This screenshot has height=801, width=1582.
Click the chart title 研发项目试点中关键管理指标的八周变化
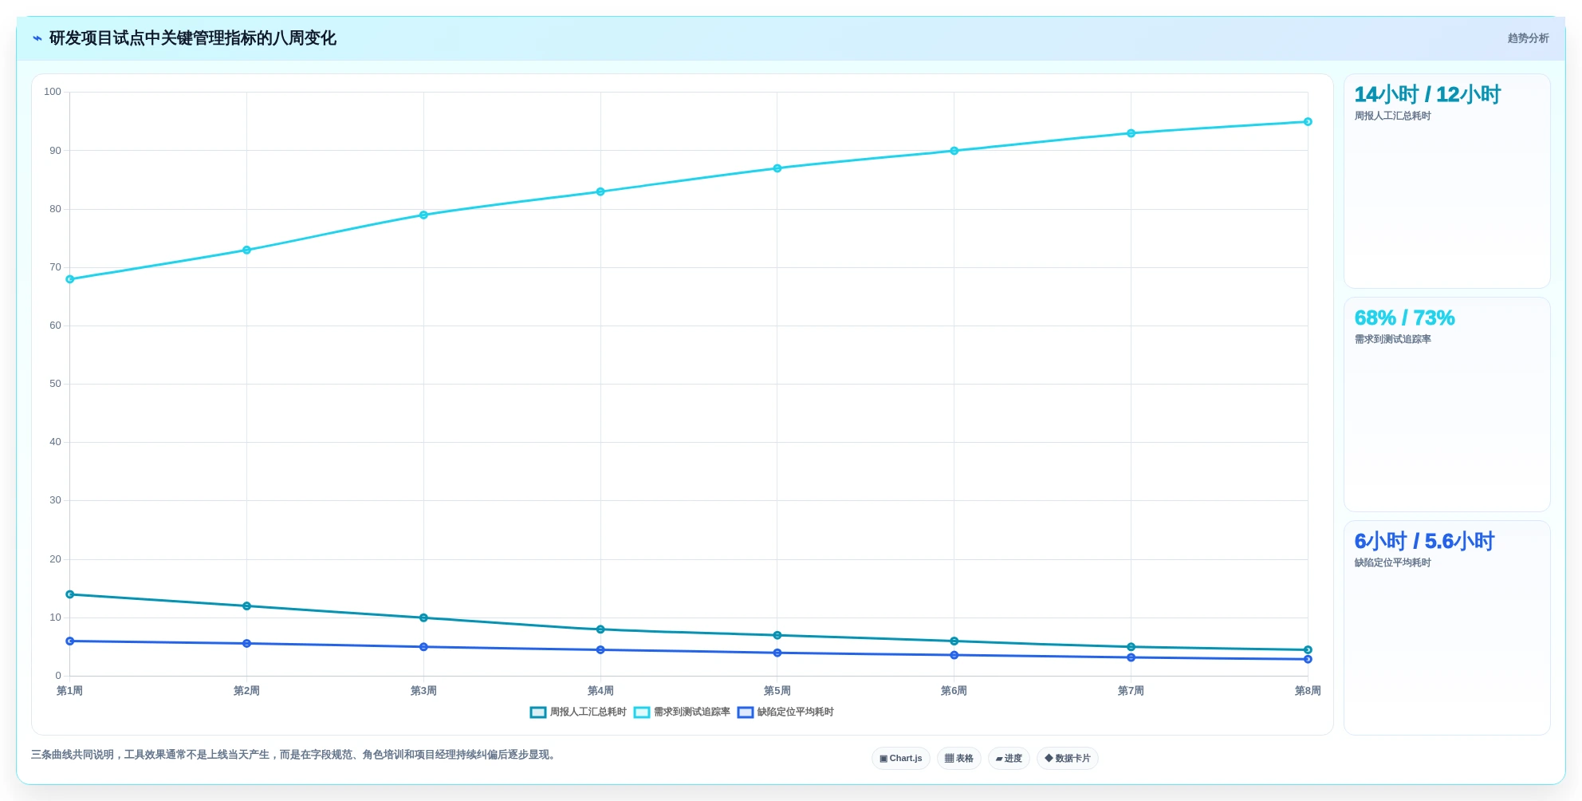[x=192, y=38]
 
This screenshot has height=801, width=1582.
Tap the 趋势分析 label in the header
[x=1528, y=38]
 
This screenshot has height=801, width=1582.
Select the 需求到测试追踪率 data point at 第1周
[x=70, y=279]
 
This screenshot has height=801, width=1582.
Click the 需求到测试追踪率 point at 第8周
[x=1308, y=122]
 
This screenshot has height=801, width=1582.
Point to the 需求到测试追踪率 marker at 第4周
[x=600, y=191]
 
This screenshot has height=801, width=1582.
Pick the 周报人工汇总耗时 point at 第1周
[x=70, y=594]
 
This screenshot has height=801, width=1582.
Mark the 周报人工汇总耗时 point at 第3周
[x=423, y=618]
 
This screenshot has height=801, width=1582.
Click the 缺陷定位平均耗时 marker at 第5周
[x=777, y=653]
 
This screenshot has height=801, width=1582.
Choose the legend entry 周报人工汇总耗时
[x=578, y=712]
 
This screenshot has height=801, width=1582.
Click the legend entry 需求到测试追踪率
[x=682, y=712]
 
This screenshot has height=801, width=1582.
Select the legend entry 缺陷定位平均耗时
[x=785, y=712]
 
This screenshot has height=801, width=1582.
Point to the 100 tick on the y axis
[x=53, y=92]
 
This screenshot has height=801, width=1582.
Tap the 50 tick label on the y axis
[x=55, y=384]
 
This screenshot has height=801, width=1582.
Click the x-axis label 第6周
[x=954, y=691]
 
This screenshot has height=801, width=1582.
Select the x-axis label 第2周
[x=246, y=691]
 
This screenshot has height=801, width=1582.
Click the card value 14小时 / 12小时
[x=1427, y=94]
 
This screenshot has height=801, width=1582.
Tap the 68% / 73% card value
[x=1404, y=318]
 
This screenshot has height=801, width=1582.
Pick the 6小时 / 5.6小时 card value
[x=1424, y=541]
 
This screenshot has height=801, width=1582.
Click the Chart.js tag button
[x=901, y=759]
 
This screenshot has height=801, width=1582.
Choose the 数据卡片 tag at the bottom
[x=1068, y=759]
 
